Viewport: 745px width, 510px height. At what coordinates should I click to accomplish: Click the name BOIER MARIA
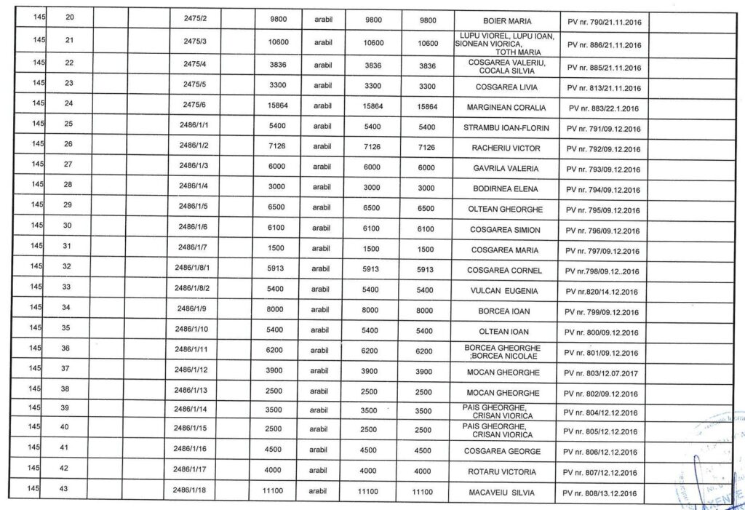click(507, 22)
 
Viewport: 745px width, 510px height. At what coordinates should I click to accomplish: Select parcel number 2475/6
click(194, 107)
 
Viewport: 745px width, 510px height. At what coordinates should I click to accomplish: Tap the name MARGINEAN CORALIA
click(506, 108)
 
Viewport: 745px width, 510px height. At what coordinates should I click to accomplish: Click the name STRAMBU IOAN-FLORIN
click(506, 128)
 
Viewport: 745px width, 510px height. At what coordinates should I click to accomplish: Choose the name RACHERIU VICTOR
click(506, 148)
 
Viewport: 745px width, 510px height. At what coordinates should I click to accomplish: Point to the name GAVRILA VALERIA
click(506, 169)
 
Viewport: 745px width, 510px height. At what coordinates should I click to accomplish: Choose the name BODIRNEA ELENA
click(506, 189)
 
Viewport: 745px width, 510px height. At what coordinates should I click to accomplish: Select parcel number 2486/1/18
click(191, 491)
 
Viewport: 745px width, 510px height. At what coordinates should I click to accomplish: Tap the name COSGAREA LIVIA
click(506, 87)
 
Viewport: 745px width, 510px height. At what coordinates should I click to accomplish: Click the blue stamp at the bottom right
click(713, 466)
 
